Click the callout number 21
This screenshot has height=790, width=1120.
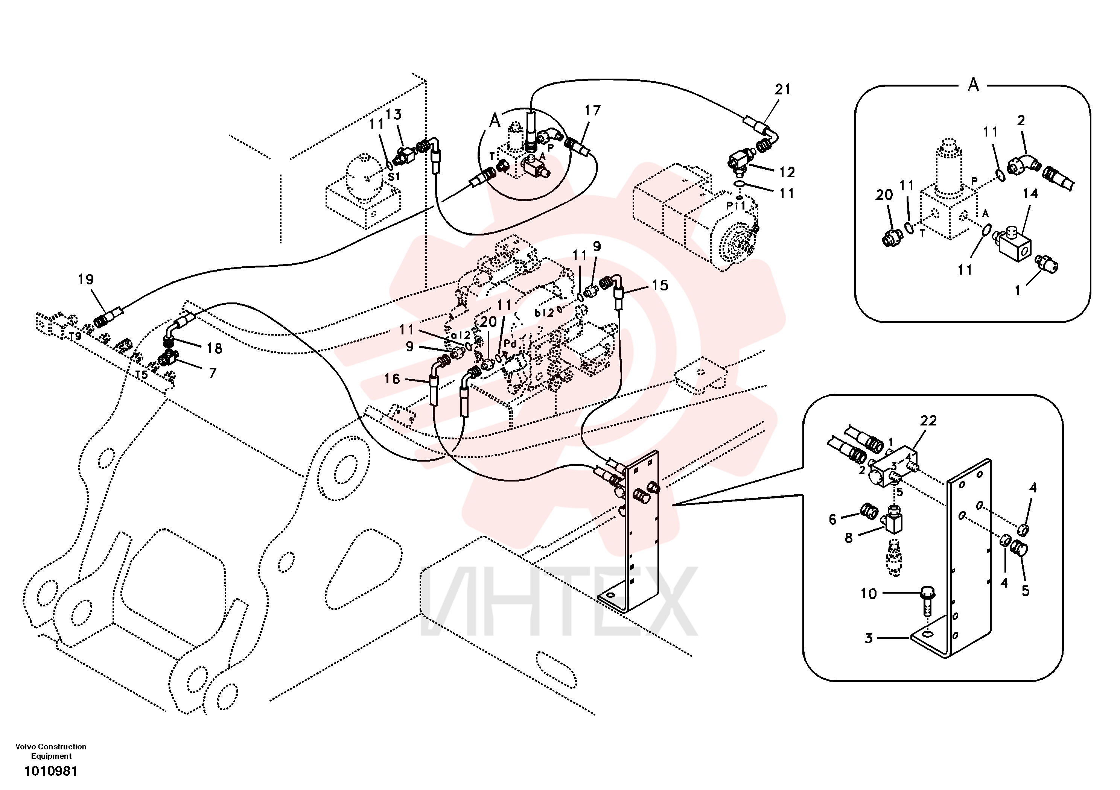782,89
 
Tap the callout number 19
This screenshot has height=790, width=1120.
85,280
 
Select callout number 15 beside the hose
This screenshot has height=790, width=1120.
660,285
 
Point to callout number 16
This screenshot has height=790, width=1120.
392,379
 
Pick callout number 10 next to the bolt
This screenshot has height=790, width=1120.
868,594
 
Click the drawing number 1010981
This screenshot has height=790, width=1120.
51,771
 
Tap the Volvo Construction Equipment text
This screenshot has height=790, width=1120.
51,751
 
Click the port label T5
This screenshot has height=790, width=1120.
142,375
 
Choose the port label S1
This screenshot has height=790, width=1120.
394,176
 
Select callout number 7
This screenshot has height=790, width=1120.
212,373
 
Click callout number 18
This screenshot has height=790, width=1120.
214,348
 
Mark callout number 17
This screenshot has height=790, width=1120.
592,111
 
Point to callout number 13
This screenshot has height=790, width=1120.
393,115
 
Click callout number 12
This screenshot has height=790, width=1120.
787,172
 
